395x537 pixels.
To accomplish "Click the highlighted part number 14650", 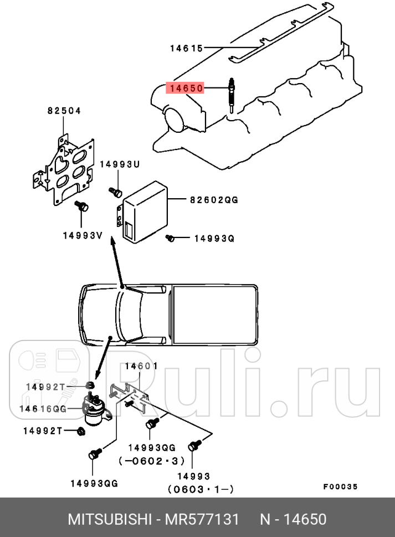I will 187,87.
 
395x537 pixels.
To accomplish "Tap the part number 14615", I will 187,48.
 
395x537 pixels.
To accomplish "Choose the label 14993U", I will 120,164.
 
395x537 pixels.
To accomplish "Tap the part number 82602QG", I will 214,200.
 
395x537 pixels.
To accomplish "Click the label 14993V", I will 82,235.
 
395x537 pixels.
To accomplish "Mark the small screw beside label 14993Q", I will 171,238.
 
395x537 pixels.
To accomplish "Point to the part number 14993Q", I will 214,239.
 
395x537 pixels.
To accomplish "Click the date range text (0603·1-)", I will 201,489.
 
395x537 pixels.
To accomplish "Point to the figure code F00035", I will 341,487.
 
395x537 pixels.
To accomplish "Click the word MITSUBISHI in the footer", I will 109,520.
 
